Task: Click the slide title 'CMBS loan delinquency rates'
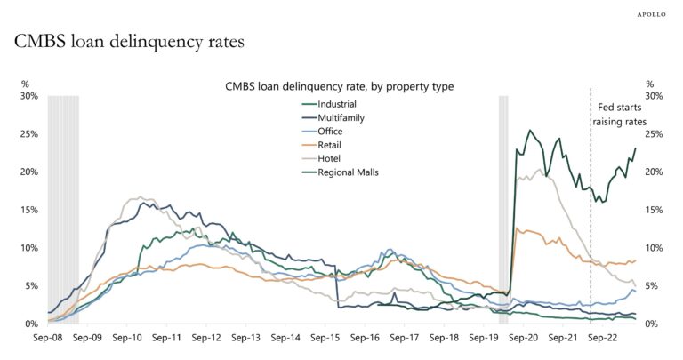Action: tap(129, 42)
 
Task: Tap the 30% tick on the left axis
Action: tap(29, 96)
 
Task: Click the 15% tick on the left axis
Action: tap(29, 210)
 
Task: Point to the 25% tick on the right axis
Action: tap(655, 134)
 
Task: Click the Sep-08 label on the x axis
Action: tap(48, 339)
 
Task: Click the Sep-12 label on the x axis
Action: tap(205, 339)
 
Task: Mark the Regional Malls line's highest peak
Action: tap(530, 131)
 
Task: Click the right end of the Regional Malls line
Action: tap(635, 148)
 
